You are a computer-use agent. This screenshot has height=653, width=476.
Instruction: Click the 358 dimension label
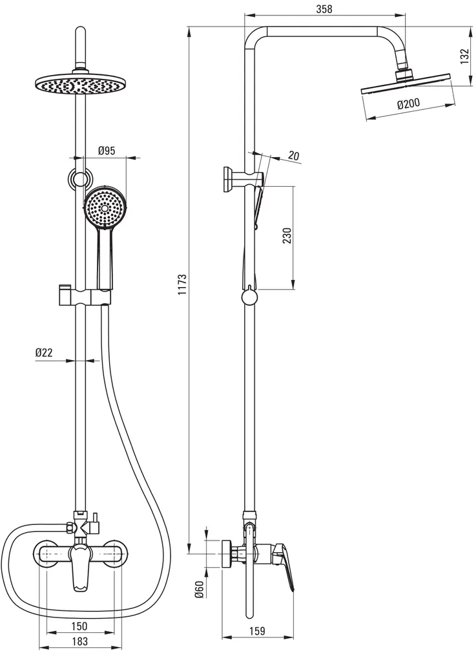[x=325, y=8]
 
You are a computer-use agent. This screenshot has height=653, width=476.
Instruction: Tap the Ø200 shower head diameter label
[x=409, y=104]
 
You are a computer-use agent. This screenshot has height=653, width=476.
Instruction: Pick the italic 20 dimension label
[x=294, y=155]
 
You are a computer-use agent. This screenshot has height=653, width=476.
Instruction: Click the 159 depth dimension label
[x=256, y=630]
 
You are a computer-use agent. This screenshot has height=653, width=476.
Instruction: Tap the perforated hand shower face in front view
[x=105, y=208]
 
